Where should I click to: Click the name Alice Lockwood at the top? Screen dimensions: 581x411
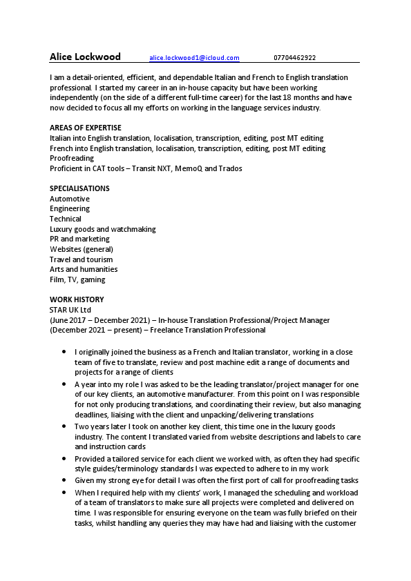pyautogui.click(x=85, y=57)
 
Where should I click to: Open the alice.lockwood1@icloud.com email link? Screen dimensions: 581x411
pyautogui.click(x=194, y=58)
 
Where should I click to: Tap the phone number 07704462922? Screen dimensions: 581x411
pyautogui.click(x=295, y=58)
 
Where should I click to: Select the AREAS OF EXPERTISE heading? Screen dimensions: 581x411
pyautogui.click(x=86, y=128)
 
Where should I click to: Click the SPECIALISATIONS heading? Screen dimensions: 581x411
pyautogui.click(x=79, y=188)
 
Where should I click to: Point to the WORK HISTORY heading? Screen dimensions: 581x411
pyautogui.click(x=77, y=299)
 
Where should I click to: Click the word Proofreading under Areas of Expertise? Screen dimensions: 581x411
pyautogui.click(x=72, y=158)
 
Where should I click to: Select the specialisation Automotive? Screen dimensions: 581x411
pyautogui.click(x=70, y=199)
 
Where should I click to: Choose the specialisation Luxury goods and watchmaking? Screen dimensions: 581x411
pyautogui.click(x=102, y=229)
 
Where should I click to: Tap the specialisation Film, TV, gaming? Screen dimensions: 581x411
pyautogui.click(x=77, y=279)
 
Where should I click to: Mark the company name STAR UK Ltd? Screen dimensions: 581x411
pyautogui.click(x=70, y=310)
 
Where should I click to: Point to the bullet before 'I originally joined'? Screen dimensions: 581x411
pyautogui.click(x=64, y=351)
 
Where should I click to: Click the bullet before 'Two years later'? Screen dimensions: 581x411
pyautogui.click(x=64, y=427)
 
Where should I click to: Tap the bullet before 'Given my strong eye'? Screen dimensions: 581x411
pyautogui.click(x=64, y=480)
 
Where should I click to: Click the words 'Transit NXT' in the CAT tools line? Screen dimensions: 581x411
pyautogui.click(x=153, y=168)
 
